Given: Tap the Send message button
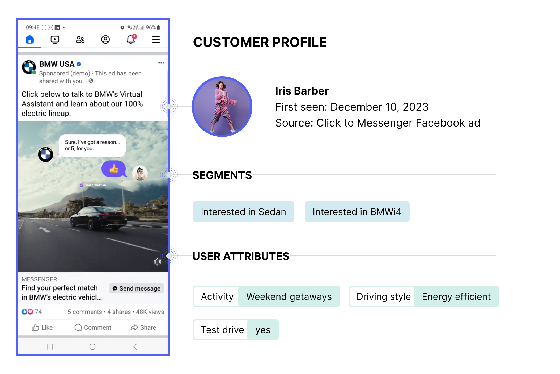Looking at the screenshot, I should (137, 288).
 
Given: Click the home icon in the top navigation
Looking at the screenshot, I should (29, 40).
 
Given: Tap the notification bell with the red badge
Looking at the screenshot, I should (131, 39).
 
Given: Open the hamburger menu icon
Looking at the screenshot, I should (156, 40).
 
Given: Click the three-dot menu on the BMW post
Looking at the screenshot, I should (161, 63).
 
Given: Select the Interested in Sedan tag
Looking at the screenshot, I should (243, 212).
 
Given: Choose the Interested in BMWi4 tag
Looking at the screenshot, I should (357, 212).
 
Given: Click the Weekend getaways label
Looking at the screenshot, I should (289, 296).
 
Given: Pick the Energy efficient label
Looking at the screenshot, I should (456, 296).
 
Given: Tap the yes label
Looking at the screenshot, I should (263, 330).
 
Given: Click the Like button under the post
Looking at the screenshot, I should (42, 327).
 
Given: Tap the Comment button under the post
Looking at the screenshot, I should (93, 327).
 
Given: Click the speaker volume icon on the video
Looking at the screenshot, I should (157, 262).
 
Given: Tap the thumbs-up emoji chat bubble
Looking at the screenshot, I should (114, 169).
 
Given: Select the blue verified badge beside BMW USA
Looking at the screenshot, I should (79, 64).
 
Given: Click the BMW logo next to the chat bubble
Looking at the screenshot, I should (46, 154).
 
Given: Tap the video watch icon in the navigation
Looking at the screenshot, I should (55, 40).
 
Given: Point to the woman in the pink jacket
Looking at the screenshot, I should (223, 106).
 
